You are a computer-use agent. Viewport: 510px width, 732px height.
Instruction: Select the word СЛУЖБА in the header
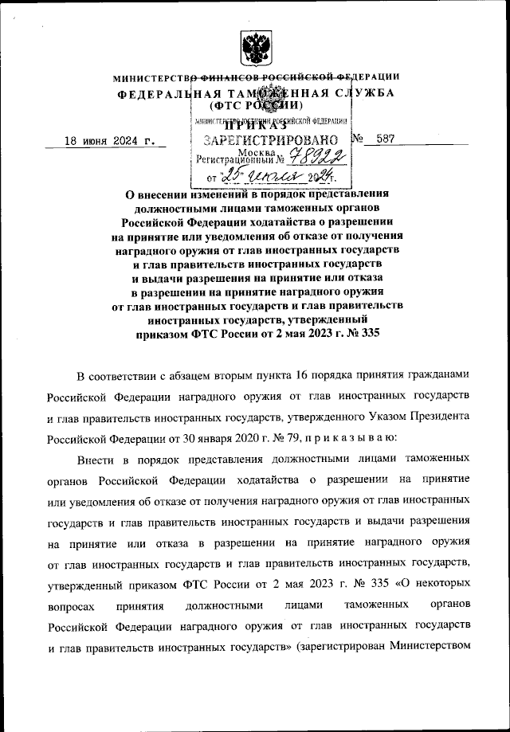pyautogui.click(x=363, y=92)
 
